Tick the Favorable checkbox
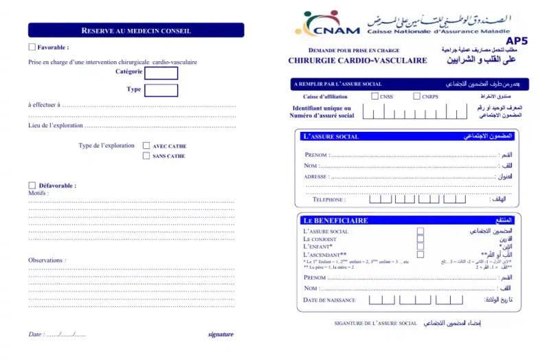(32, 47)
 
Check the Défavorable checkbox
(32, 185)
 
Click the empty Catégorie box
(161, 73)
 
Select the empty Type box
(161, 90)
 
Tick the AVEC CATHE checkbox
(146, 146)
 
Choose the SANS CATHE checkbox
(146, 156)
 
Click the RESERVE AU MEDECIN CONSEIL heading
(135, 30)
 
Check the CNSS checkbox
(374, 96)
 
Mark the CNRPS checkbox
(416, 96)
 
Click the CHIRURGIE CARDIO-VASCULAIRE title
(357, 60)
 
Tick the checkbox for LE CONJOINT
(420, 239)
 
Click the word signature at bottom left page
(221, 335)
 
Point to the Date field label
(35, 335)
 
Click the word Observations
(47, 260)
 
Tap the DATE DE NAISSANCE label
(329, 300)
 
